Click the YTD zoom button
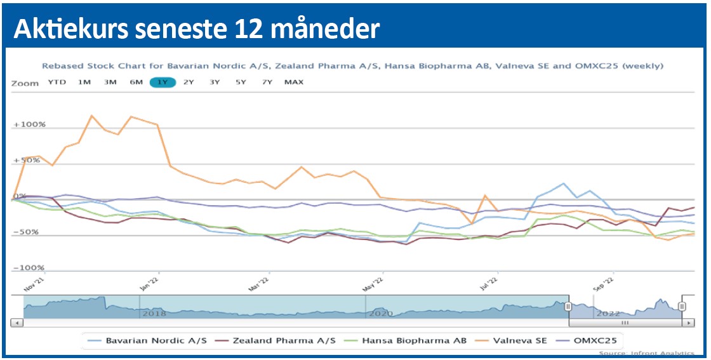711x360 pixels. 57,82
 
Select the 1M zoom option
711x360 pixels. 84,82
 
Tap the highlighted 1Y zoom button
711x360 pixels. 163,82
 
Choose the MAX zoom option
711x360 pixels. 294,82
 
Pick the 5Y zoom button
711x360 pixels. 241,82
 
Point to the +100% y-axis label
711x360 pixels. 30,124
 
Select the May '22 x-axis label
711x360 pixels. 374,284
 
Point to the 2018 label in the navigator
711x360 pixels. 154,312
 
